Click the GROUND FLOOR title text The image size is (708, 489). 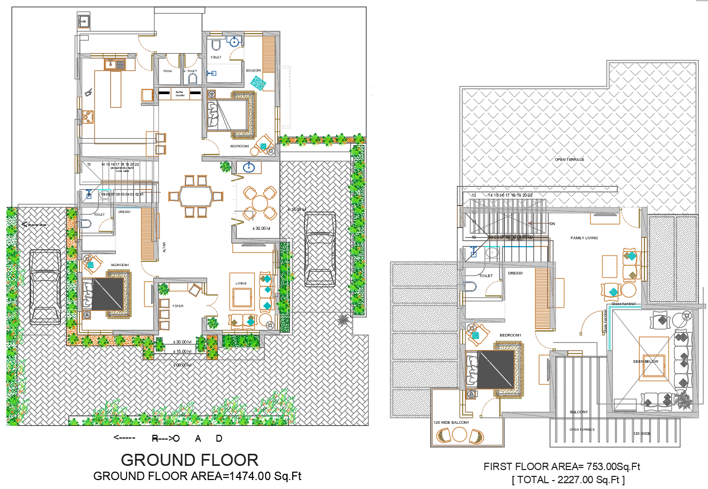tap(190, 460)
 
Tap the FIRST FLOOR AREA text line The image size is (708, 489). tap(561, 466)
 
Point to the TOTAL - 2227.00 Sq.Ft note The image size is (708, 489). tap(568, 480)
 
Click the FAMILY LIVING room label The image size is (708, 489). tap(584, 238)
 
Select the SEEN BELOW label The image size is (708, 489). tap(645, 362)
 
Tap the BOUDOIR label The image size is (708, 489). tap(254, 70)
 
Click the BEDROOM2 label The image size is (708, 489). tap(240, 146)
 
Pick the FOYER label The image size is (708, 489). tap(178, 306)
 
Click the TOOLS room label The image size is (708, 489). tap(168, 71)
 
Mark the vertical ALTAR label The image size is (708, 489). tap(164, 247)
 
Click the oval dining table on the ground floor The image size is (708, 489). tap(196, 197)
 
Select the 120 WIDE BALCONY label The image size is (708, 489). tap(451, 423)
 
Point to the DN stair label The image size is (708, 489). tap(552, 224)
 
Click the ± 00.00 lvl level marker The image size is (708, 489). tap(182, 365)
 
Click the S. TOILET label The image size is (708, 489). tap(190, 71)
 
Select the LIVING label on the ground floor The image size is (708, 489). tap(241, 283)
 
